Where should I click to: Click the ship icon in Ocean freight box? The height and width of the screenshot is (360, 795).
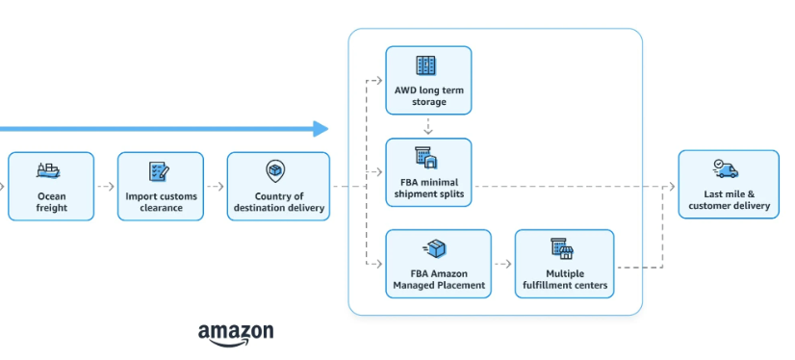pyautogui.click(x=49, y=170)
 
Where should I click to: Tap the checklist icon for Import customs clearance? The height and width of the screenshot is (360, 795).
pyautogui.click(x=159, y=171)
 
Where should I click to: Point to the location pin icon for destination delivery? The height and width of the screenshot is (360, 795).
pyautogui.click(x=276, y=171)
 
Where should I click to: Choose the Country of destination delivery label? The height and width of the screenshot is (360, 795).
pyautogui.click(x=277, y=202)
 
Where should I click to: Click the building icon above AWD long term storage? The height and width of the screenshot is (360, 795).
pyautogui.click(x=426, y=65)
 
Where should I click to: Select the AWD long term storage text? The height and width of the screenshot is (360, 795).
pyautogui.click(x=427, y=95)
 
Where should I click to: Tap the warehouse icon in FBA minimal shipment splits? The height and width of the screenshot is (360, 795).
pyautogui.click(x=426, y=157)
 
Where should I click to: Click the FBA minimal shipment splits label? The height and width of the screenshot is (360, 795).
pyautogui.click(x=428, y=188)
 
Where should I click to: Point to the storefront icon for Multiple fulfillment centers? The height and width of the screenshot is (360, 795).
pyautogui.click(x=562, y=248)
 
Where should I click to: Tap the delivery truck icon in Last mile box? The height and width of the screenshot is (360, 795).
pyautogui.click(x=727, y=168)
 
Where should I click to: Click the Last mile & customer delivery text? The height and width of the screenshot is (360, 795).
pyautogui.click(x=728, y=199)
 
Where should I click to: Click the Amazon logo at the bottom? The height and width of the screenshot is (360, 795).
pyautogui.click(x=236, y=333)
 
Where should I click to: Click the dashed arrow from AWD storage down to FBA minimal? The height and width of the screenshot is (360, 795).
pyautogui.click(x=427, y=126)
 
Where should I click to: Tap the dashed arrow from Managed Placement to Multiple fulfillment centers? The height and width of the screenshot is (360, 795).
pyautogui.click(x=502, y=263)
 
